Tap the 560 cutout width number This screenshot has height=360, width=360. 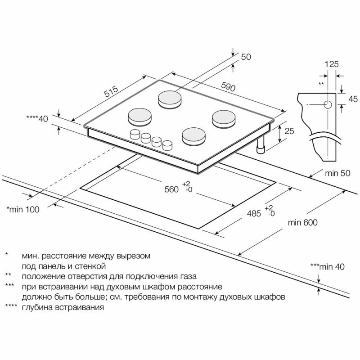171,189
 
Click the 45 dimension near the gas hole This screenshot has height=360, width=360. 352,99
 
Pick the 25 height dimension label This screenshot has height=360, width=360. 289,131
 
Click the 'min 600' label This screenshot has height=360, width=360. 303,223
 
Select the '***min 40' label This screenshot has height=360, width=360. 327,267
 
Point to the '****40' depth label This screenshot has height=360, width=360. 37,119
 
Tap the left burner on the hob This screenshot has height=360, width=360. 139,116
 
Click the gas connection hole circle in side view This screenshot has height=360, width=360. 327,105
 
